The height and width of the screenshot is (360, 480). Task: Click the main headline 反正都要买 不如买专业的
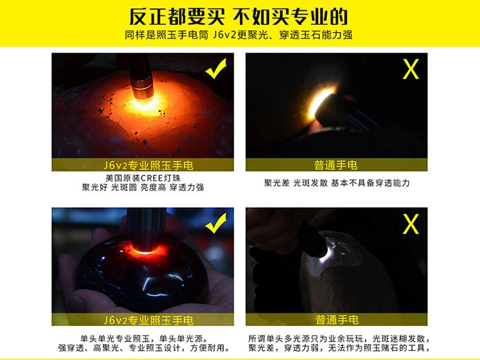click(239, 17)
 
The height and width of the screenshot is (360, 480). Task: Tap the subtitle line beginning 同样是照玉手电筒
click(239, 35)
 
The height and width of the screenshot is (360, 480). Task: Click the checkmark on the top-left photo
click(216, 69)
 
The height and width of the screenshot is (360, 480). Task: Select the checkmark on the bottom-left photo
click(216, 223)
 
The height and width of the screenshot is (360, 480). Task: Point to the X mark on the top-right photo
click(410, 69)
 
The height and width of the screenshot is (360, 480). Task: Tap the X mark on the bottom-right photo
click(410, 224)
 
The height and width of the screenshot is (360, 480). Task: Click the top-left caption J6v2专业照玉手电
click(148, 165)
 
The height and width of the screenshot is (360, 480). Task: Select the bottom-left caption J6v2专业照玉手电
click(148, 320)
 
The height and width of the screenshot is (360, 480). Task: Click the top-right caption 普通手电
click(336, 165)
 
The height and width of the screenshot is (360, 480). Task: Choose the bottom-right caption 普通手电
click(337, 320)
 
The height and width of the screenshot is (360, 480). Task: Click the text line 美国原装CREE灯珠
click(143, 178)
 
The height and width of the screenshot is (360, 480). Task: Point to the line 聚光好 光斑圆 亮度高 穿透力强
click(143, 187)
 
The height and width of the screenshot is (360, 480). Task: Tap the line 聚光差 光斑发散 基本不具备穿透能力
click(337, 183)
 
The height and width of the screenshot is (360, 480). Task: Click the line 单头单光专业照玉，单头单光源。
click(144, 339)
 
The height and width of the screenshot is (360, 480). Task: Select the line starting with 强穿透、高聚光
click(144, 348)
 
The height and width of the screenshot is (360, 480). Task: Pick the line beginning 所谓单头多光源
click(339, 339)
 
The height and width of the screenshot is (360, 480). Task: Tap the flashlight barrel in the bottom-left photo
click(146, 228)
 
